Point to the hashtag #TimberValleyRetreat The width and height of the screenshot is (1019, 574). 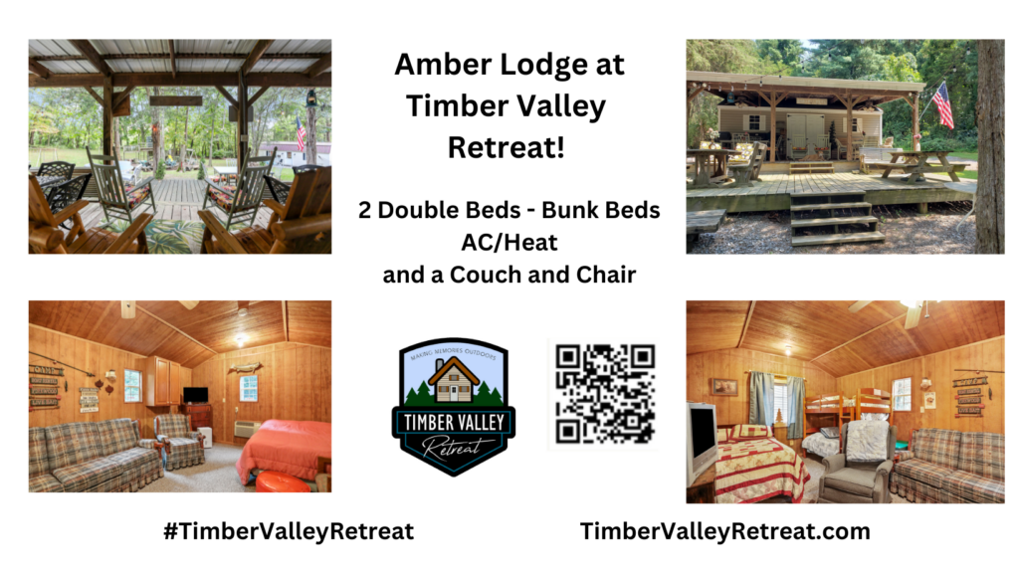pos(288,531)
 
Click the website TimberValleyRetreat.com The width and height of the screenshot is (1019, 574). pos(724,531)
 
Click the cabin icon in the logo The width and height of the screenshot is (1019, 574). pos(453,380)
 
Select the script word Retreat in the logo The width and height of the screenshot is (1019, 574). pos(454,446)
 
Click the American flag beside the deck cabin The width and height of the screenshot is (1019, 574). pos(941,104)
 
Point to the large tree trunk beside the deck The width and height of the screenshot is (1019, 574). pos(989,149)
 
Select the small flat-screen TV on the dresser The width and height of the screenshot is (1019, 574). pos(196,395)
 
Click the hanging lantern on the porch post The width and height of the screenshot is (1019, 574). pos(310,98)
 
